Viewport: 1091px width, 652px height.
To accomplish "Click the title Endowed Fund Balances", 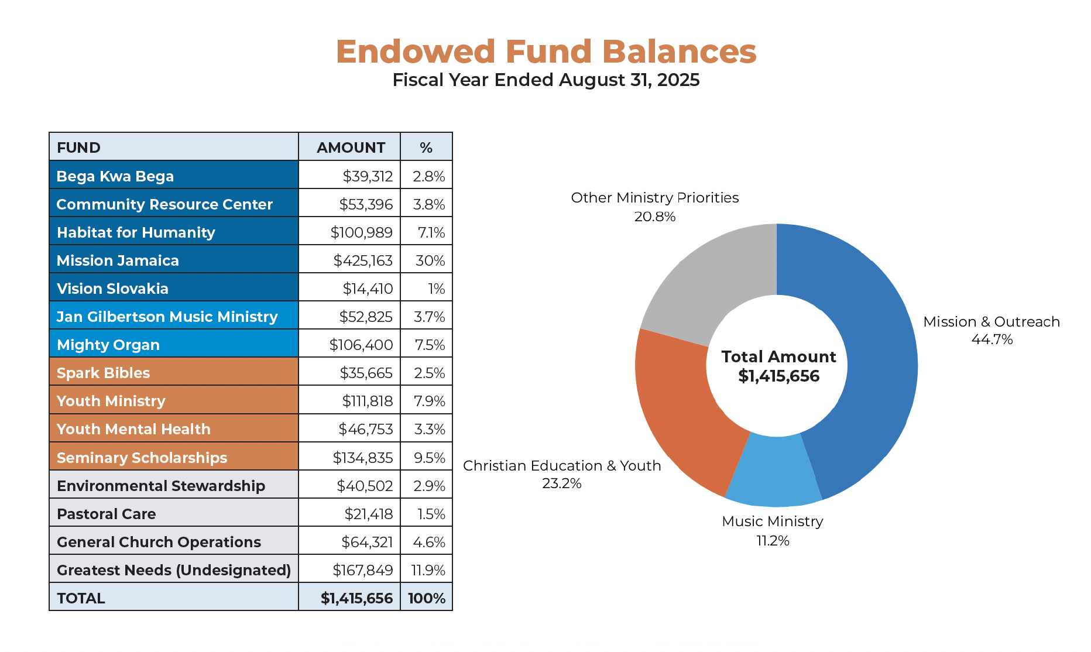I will coord(545,52).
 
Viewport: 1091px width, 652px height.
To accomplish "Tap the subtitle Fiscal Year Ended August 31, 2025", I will coord(545,80).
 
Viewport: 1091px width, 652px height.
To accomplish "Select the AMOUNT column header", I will coord(350,147).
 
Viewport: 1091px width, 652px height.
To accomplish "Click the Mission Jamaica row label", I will coord(118,260).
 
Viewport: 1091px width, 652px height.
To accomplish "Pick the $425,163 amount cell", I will coord(362,260).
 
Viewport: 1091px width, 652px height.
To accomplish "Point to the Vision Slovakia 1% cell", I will coord(436,289).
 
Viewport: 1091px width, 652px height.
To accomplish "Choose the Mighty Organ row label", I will coord(108,345).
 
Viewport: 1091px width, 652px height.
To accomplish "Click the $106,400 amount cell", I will coord(361,345).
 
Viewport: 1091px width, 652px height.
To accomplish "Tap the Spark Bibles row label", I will coord(104,373).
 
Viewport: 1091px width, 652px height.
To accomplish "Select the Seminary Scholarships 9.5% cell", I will coord(429,458).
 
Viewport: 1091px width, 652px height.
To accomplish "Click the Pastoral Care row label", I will coord(107,514).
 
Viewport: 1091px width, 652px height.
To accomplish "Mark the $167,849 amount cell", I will coord(362,570).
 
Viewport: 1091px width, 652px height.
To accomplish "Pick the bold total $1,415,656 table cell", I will coord(356,598).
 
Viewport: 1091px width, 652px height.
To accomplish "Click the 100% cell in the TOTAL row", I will coord(426,598).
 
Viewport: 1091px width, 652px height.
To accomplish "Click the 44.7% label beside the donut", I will coord(991,339).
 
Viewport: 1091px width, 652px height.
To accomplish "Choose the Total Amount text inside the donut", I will coord(778,357).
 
